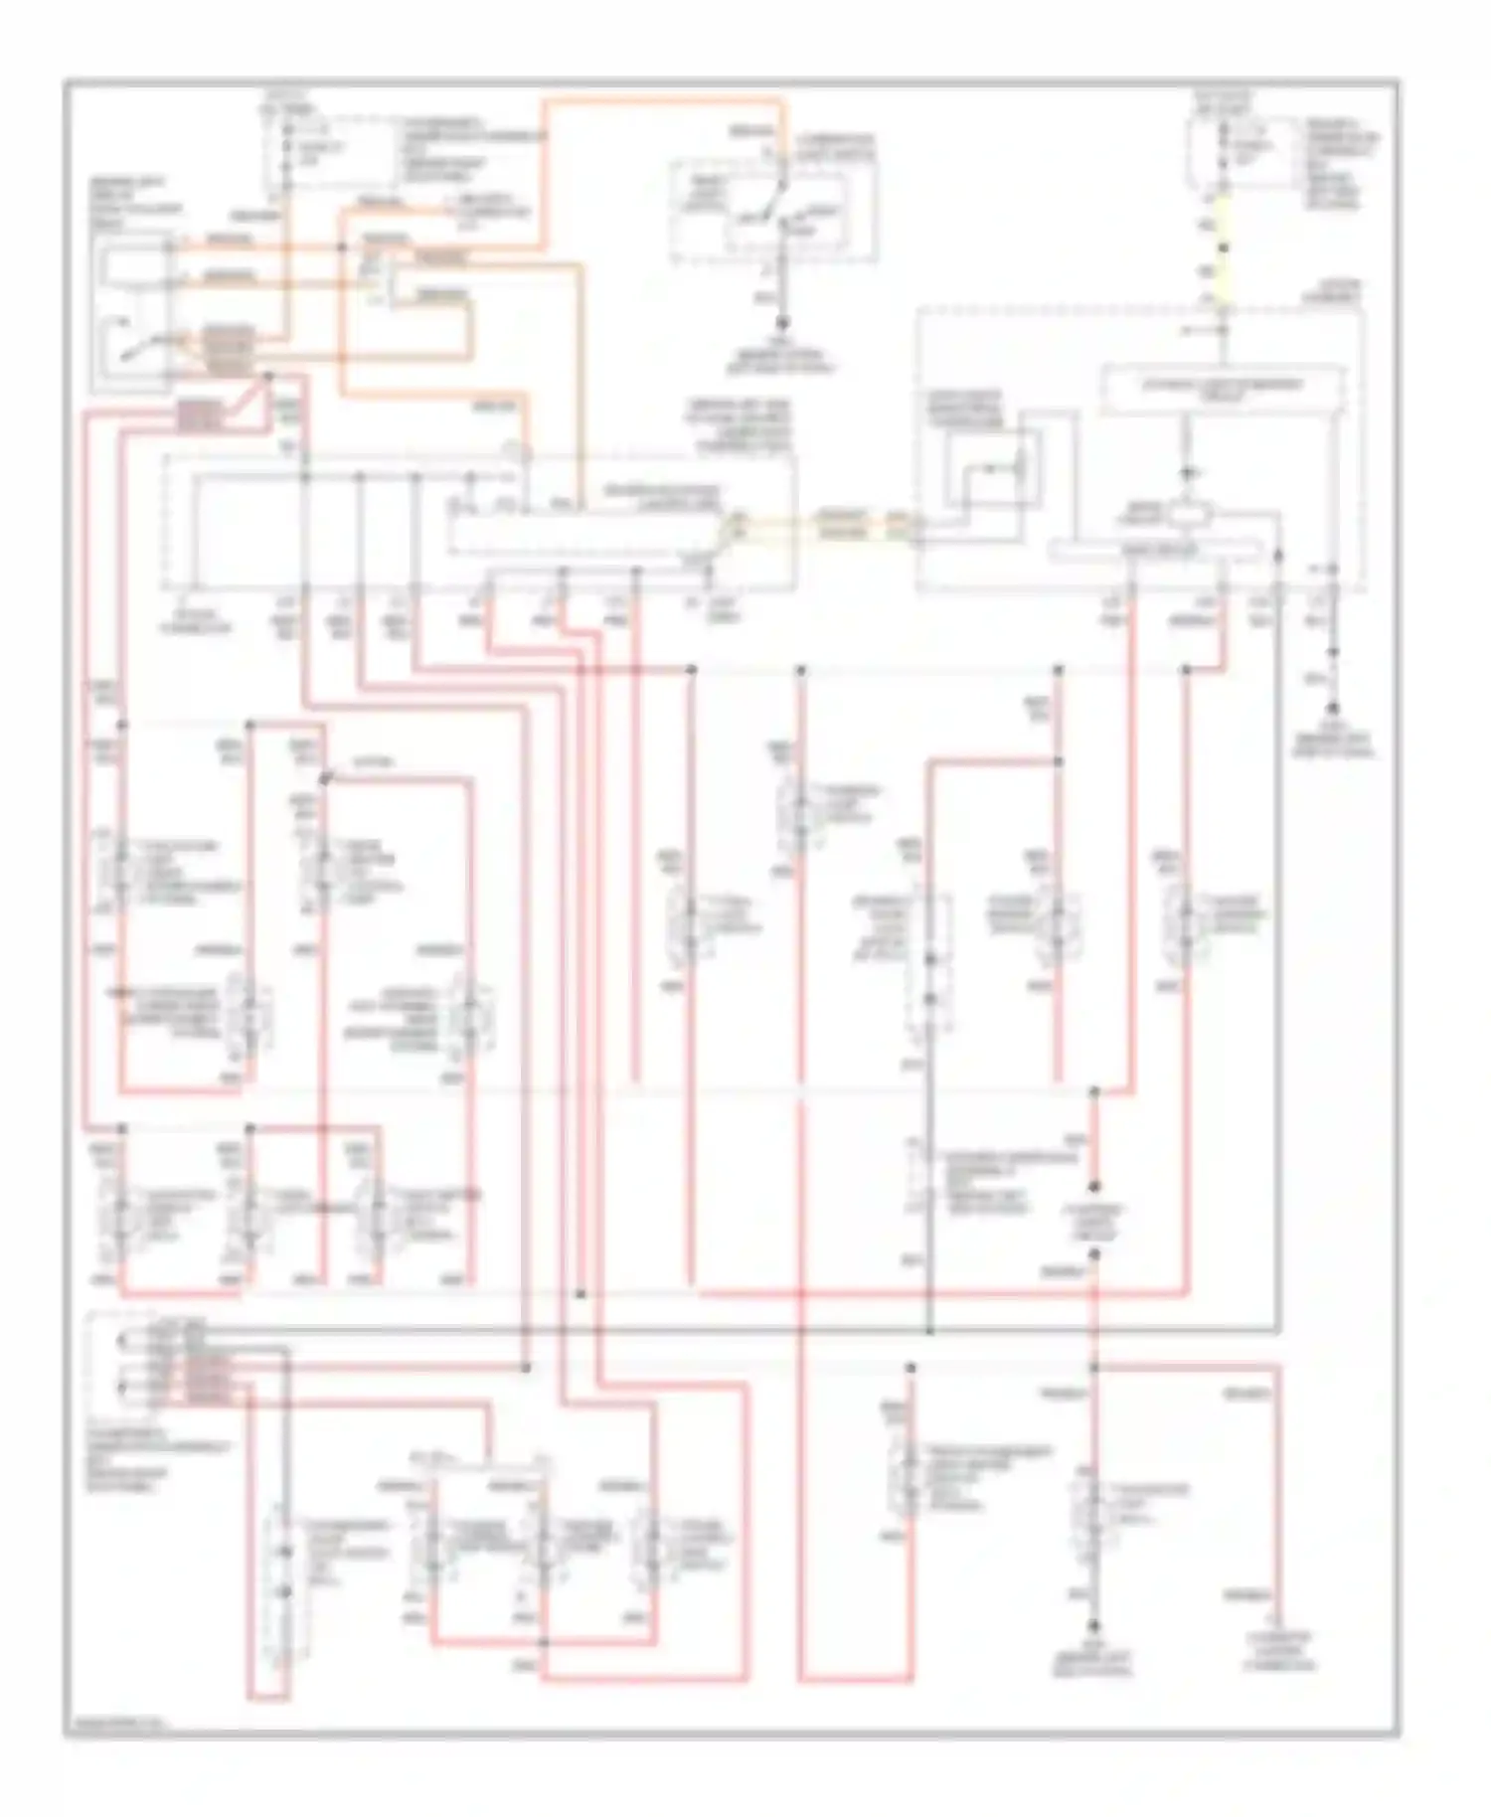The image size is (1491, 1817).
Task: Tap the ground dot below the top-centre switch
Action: coord(782,323)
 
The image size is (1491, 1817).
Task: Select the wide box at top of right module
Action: coord(1224,389)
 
